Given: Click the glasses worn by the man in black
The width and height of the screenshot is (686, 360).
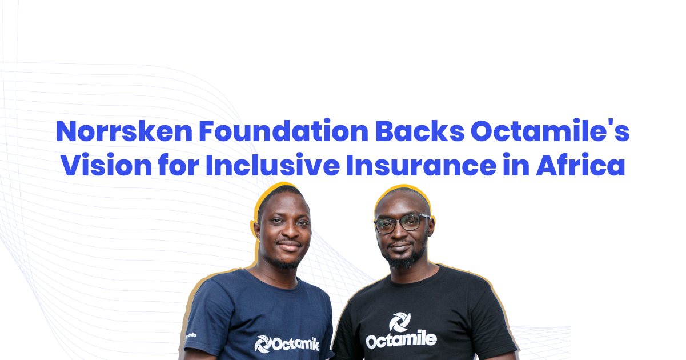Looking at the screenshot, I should [402, 223].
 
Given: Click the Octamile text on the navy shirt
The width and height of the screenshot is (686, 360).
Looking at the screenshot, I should [296, 344].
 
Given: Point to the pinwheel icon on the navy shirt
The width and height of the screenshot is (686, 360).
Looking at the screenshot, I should [263, 344].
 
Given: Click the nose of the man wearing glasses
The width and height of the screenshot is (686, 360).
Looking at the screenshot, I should [403, 233].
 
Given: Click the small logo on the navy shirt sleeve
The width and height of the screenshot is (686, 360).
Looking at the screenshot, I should [191, 336].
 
